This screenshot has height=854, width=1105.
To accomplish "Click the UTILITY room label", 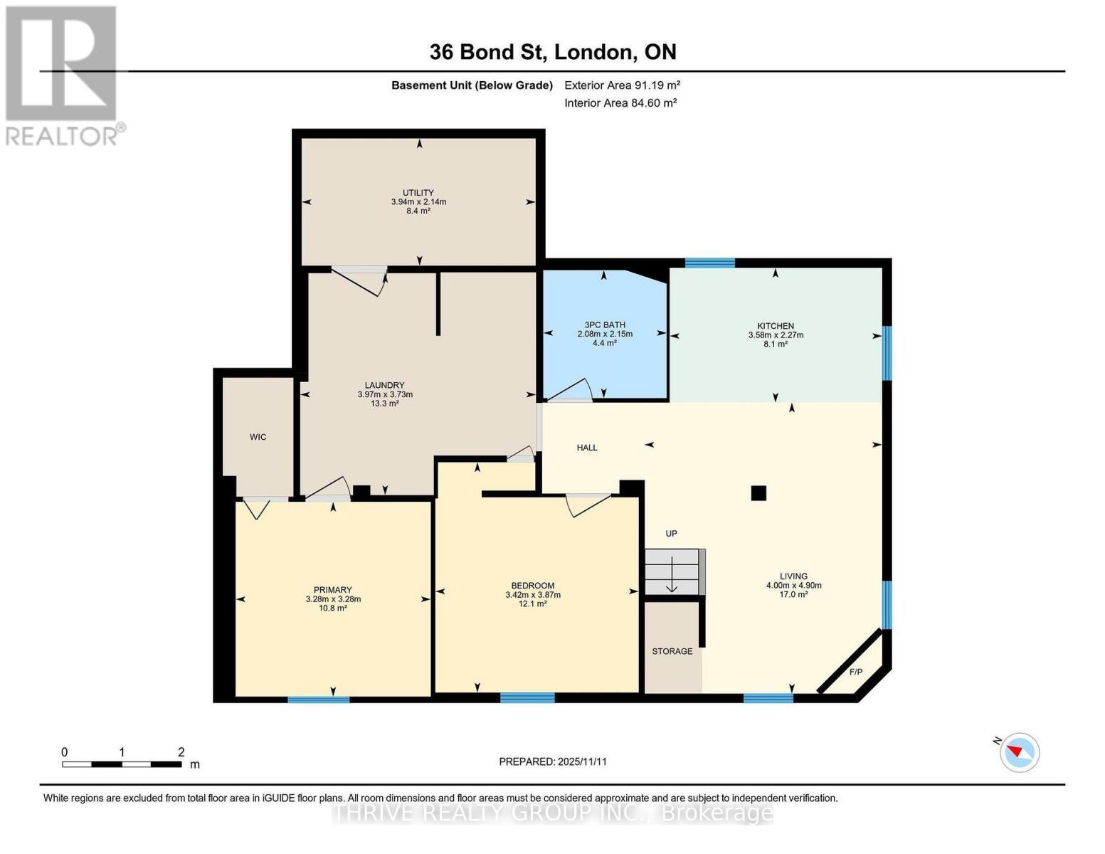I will tap(418, 193).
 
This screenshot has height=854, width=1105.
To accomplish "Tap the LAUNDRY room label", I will tap(385, 386).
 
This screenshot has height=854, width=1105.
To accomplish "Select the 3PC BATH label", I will tap(604, 325).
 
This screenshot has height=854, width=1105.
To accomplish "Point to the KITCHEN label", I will tap(776, 326).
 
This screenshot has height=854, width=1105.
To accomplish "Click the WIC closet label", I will tap(258, 437).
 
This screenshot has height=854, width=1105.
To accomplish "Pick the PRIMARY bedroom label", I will tap(333, 590).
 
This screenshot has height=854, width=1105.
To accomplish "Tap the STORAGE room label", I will tap(672, 651).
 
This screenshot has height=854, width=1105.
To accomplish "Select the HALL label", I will tap(587, 448).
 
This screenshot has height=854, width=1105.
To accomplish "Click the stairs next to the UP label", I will tap(673, 571).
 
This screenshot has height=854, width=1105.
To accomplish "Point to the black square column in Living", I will tap(758, 492).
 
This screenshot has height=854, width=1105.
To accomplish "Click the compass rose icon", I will tap(1020, 752).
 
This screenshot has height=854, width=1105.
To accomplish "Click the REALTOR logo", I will tap(63, 75).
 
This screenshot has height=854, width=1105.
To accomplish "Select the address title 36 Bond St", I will tap(553, 52).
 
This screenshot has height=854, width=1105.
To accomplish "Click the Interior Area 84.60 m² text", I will tap(620, 102).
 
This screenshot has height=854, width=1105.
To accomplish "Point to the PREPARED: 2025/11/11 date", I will tap(553, 761).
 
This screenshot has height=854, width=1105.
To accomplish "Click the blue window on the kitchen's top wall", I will tap(709, 263).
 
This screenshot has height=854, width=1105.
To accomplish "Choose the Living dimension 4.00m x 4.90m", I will tap(793, 586).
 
